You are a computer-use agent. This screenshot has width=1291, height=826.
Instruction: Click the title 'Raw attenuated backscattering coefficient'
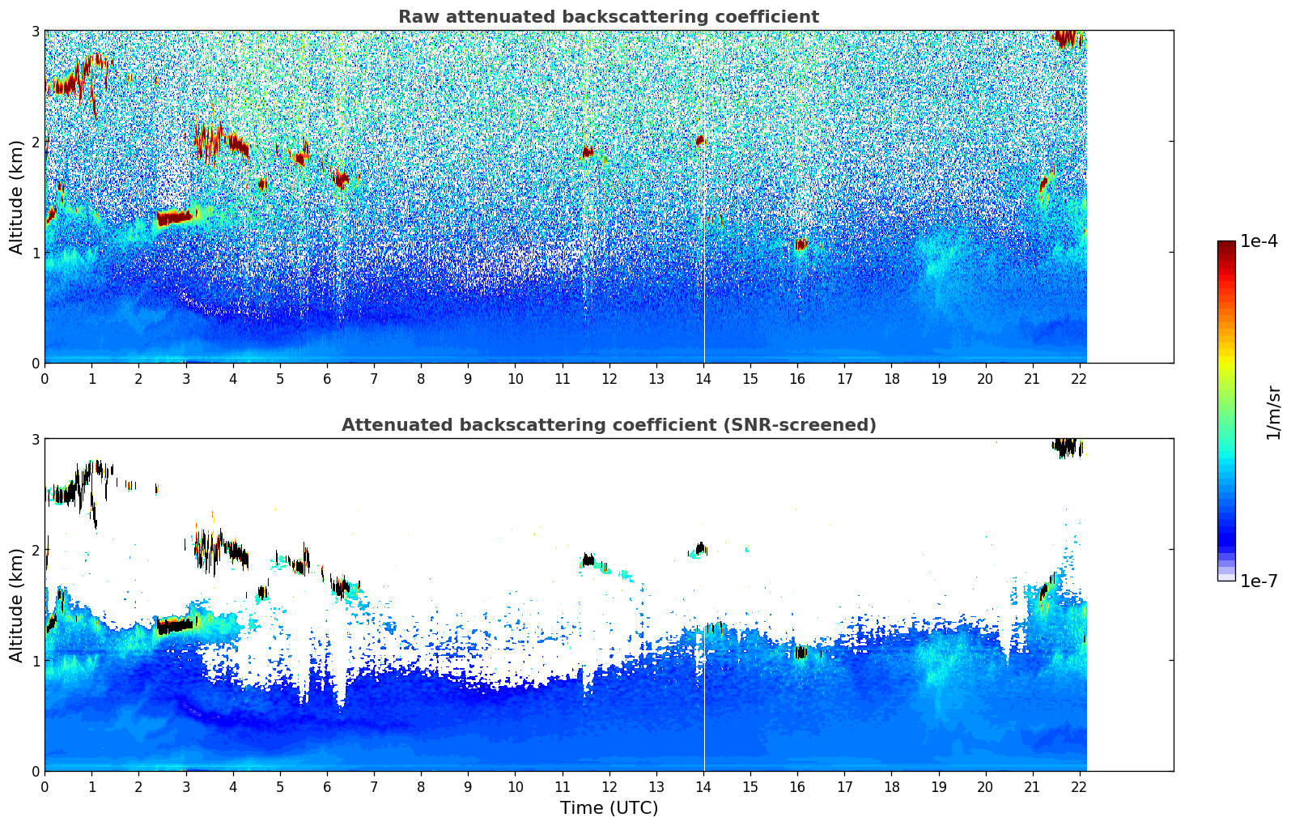point(609,17)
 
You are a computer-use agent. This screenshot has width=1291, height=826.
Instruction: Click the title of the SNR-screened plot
point(609,424)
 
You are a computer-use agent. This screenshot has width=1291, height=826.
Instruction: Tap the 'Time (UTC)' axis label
point(609,807)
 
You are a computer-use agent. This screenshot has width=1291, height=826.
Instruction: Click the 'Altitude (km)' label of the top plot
point(16,198)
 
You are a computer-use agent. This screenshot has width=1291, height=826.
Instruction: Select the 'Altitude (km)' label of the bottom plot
point(16,605)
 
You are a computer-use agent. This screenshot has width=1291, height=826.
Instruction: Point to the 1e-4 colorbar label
point(1259,241)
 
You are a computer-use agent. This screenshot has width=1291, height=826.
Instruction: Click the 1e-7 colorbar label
point(1259,581)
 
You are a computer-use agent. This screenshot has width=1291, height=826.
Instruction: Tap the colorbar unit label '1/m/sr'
point(1273,413)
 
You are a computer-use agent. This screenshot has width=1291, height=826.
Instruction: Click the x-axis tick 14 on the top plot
point(703,379)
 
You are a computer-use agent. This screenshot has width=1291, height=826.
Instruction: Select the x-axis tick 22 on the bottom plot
point(1079,787)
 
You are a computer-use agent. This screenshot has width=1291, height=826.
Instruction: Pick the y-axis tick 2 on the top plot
point(35,142)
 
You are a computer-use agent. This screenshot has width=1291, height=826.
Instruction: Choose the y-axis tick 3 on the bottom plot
point(35,439)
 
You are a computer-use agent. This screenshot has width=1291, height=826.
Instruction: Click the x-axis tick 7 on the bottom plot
point(374,787)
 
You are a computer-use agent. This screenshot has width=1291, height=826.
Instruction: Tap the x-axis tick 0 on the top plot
point(45,379)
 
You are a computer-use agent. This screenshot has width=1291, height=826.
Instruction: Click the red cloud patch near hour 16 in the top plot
point(800,245)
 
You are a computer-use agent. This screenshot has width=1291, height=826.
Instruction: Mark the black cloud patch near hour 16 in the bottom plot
point(800,653)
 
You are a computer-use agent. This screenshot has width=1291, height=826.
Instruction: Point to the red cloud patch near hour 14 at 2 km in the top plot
point(701,140)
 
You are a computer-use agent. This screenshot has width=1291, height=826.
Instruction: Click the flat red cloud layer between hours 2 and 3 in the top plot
point(174,218)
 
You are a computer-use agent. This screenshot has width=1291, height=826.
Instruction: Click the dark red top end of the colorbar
point(1226,245)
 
